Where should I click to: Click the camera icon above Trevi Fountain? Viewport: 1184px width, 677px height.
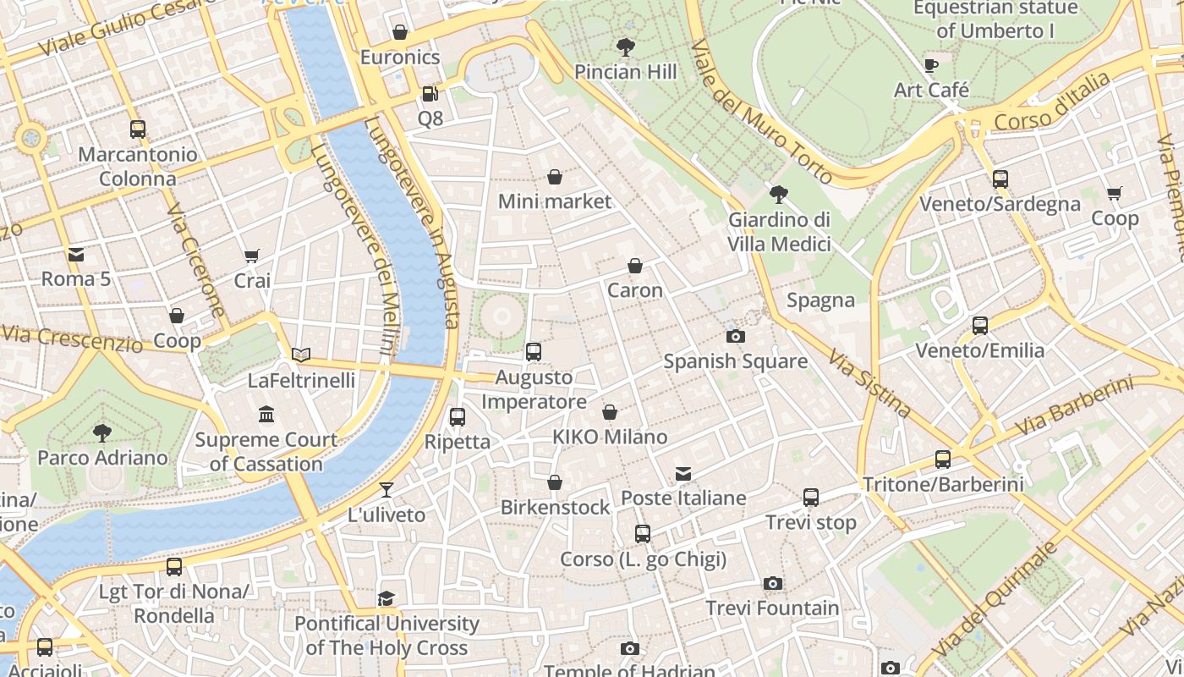coord(772,583)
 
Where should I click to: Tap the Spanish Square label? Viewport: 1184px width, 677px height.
coord(735,361)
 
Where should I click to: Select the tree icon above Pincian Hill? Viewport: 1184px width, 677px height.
coord(626,47)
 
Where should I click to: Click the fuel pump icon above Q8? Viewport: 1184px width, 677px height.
coord(430,94)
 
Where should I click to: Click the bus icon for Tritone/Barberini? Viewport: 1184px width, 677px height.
coord(942,460)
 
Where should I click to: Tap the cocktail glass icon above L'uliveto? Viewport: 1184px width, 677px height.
coord(386,490)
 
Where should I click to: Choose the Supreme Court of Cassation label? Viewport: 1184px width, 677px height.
coord(266,452)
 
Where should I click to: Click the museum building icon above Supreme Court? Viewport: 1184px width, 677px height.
coord(266,415)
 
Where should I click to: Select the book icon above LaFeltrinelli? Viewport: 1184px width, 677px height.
coord(301,355)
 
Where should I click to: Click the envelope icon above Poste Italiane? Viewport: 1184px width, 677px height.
coord(683,473)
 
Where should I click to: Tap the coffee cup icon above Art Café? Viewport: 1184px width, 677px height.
coord(931,65)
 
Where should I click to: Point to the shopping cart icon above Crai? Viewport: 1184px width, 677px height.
coord(252,256)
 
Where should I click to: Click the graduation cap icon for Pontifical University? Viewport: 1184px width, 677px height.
coord(386,598)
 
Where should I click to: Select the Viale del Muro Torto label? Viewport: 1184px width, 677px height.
coord(761,110)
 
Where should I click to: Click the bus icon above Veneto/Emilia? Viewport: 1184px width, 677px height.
coord(979,325)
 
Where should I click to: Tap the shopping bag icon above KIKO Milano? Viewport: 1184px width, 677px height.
coord(610,412)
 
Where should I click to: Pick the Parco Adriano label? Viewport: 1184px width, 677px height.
coord(102,458)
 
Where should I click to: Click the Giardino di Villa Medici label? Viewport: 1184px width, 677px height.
coord(779,232)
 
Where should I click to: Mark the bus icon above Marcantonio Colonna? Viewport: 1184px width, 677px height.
coord(138,129)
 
